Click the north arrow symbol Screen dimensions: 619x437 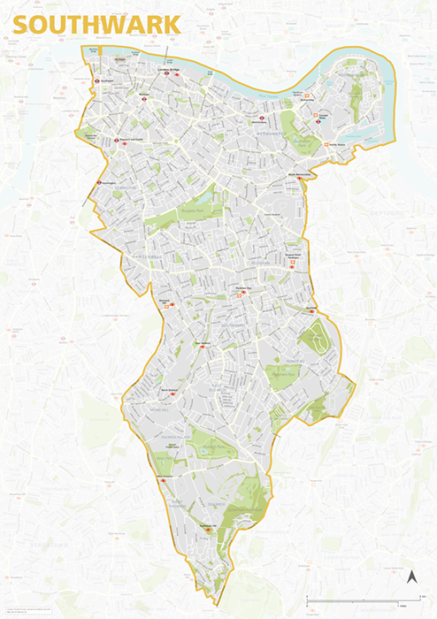411,578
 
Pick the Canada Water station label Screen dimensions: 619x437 307,101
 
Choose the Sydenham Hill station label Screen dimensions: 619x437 208,525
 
